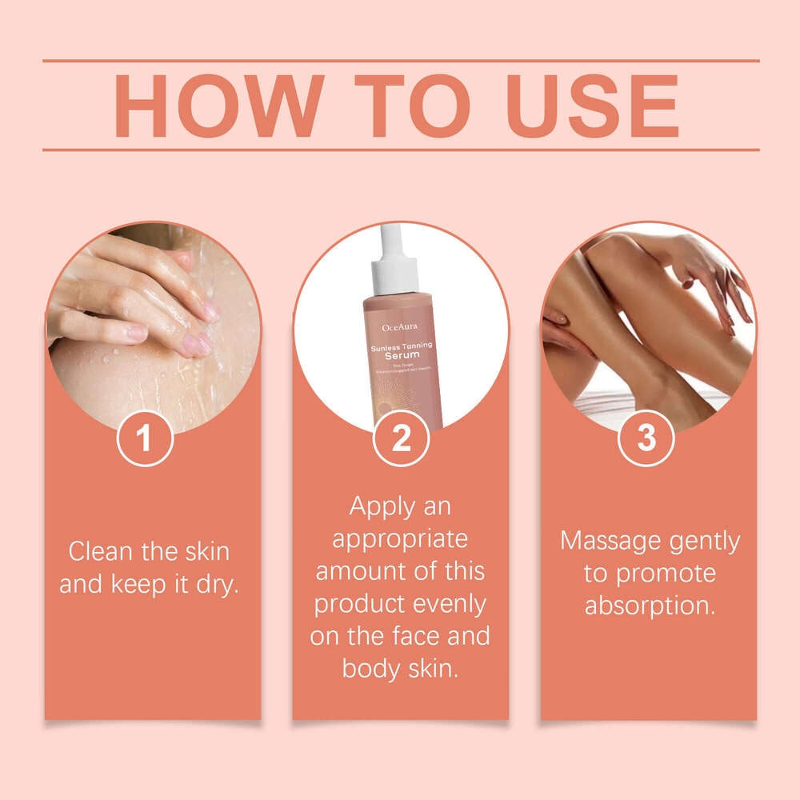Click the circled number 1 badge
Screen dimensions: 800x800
pos(145,438)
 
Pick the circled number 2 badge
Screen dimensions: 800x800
pos(401,438)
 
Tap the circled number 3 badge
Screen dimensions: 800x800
pos(646,438)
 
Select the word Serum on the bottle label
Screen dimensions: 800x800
pos(401,354)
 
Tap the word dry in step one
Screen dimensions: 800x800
pos(217,585)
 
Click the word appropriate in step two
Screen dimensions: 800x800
pos(400,539)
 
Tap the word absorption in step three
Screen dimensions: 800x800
pos(649,606)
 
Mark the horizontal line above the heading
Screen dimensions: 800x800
pos(400,60)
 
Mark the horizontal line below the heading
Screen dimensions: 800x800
pos(400,150)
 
